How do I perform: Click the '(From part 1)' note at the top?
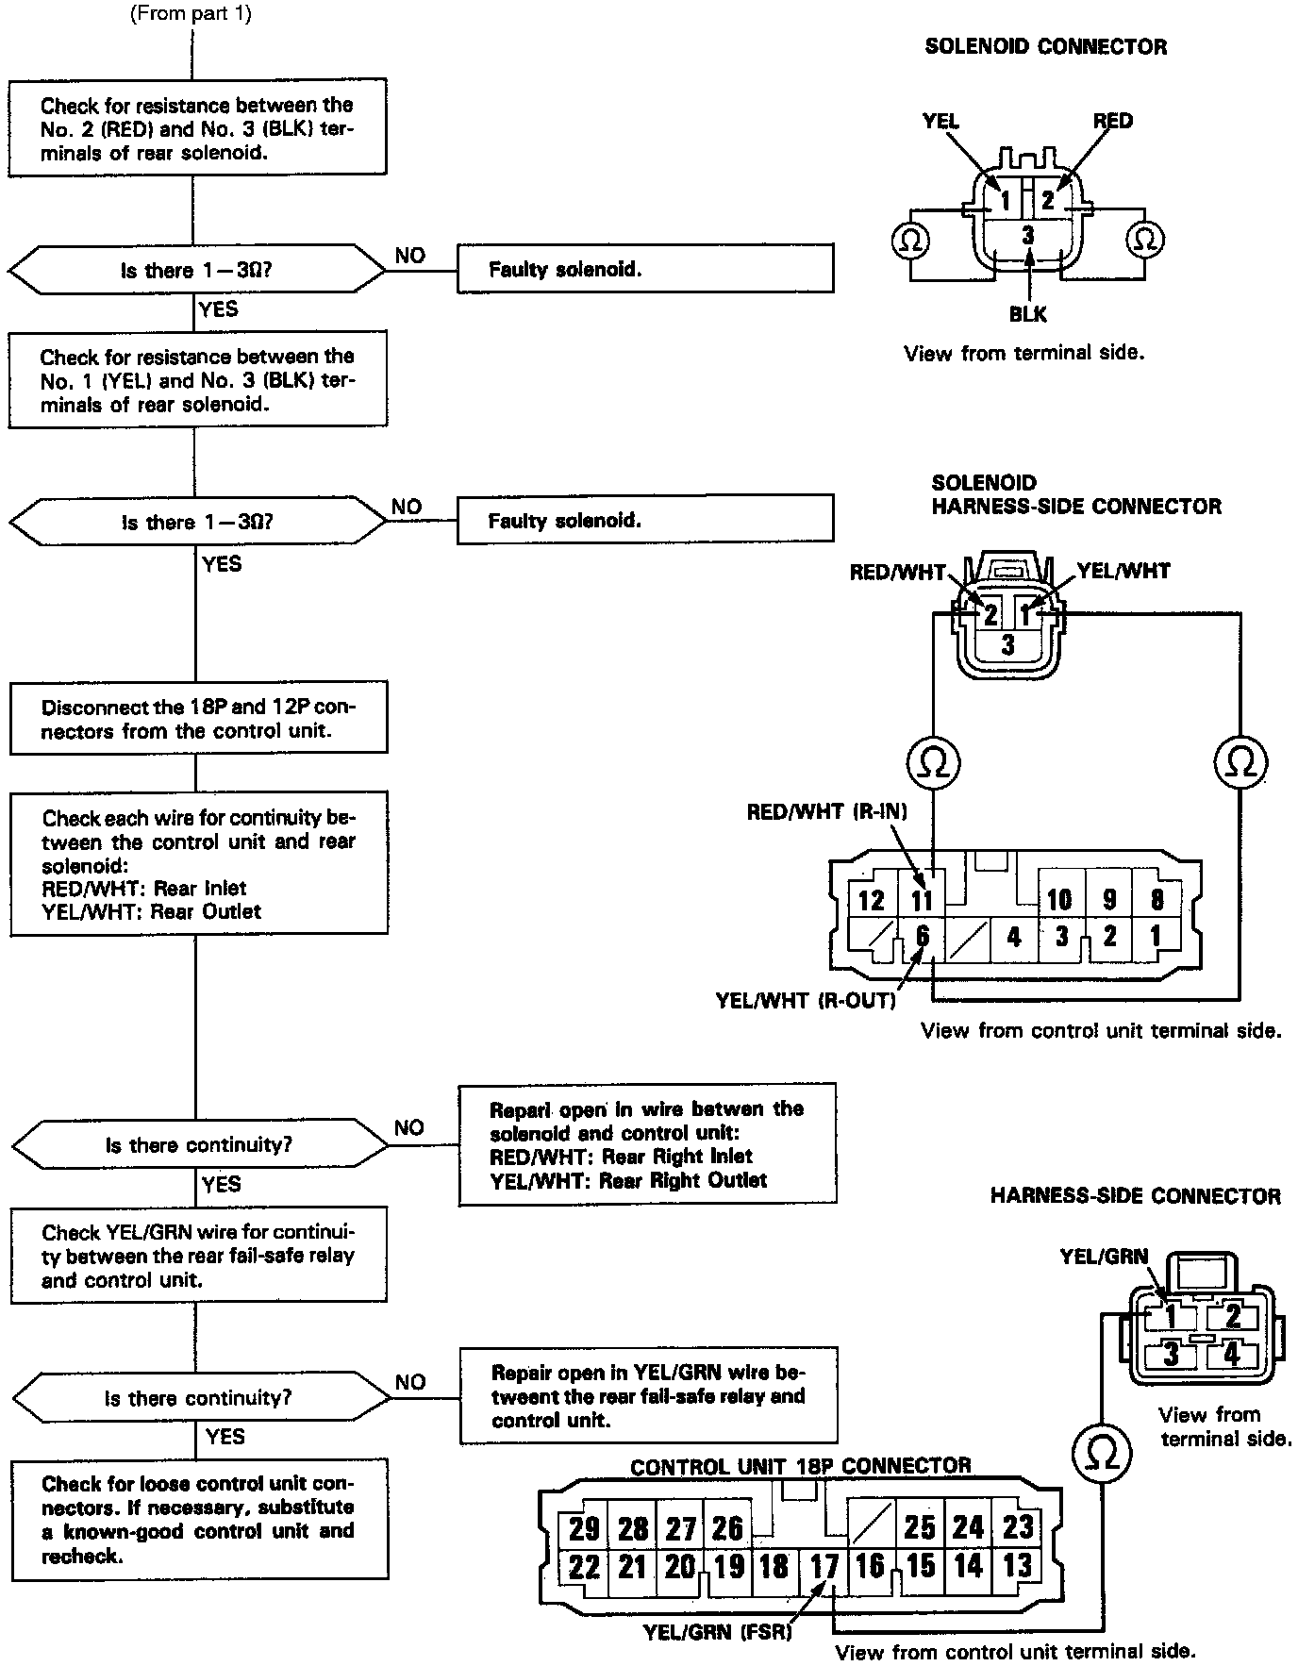190,14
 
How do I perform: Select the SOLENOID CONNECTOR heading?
1045,47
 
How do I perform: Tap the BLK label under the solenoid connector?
1027,314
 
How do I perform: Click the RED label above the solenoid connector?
1113,121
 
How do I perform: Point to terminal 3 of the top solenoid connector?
1028,235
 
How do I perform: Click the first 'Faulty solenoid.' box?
645,269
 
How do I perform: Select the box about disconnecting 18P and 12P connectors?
198,720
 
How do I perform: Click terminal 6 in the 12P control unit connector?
922,937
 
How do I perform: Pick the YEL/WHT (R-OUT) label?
806,1001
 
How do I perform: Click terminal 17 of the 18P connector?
824,1567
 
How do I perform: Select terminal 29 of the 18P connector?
584,1528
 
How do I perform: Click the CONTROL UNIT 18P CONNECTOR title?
801,1467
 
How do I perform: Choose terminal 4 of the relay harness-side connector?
1231,1355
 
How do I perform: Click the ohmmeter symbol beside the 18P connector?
1101,1454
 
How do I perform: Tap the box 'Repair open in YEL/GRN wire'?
648,1395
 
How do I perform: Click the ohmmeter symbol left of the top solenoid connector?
909,241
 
